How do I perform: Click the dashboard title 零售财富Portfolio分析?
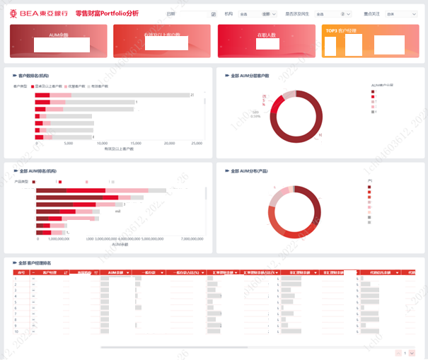point(107,13)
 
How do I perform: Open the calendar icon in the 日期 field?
point(214,13)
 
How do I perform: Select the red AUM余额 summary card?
point(59,40)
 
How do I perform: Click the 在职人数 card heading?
point(266,34)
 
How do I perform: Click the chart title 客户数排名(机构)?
point(33,75)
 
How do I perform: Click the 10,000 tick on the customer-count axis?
point(102,143)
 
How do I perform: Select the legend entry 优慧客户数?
point(64,86)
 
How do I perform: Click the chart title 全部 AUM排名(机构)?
point(38,170)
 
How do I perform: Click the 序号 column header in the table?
point(21,272)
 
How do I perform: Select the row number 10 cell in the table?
point(17,331)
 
